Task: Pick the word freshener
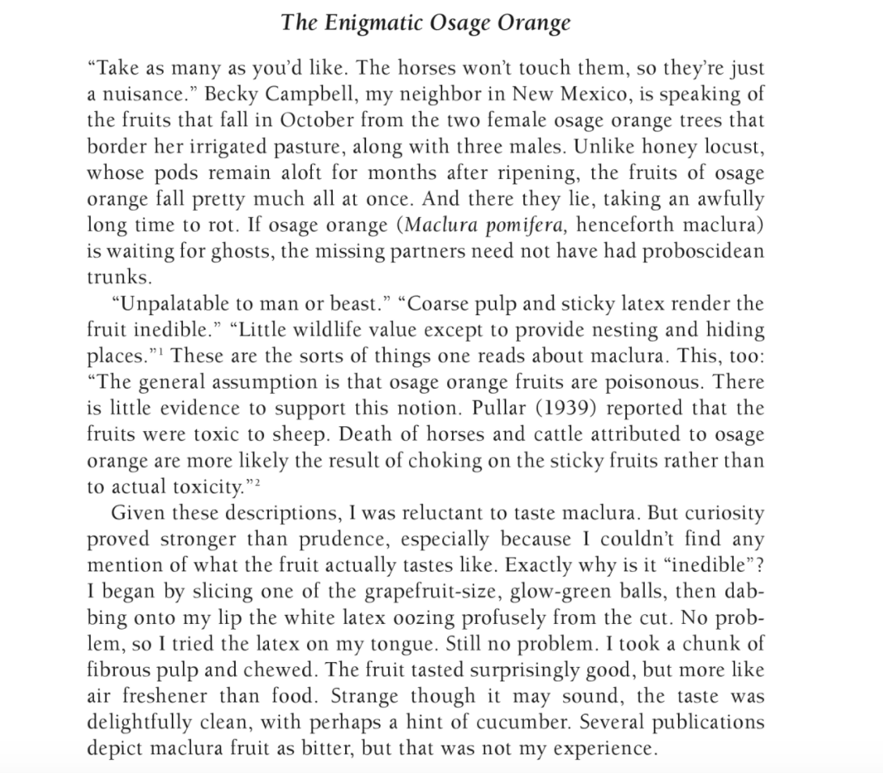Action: (161, 697)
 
